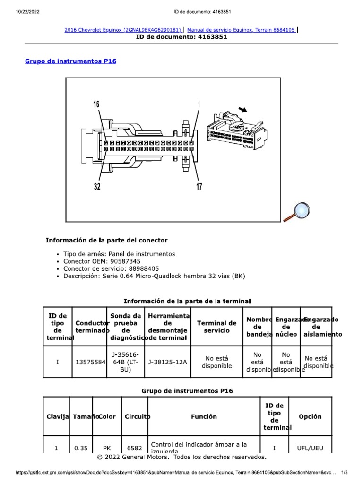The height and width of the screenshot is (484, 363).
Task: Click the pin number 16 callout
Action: point(96,104)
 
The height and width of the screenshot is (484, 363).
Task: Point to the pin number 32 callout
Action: point(97,187)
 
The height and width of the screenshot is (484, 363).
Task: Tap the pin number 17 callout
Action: point(199,187)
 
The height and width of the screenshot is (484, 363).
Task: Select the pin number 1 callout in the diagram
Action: point(199,104)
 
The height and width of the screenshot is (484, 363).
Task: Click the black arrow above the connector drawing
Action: point(243,110)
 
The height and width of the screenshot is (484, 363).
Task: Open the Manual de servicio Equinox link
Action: point(242,30)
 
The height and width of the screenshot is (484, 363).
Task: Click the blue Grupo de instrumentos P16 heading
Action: point(70,61)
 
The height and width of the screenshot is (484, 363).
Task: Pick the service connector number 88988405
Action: point(135,268)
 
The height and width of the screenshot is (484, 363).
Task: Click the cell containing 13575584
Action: point(90,362)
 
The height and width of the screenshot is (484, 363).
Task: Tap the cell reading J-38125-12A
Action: point(168,362)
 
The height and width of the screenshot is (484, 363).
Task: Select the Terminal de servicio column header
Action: point(216,327)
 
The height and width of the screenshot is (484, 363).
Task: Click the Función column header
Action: point(204,416)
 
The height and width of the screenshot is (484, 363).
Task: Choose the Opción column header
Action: point(310,416)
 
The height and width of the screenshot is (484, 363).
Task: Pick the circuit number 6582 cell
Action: point(135,448)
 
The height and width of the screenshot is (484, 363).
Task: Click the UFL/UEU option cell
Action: point(310,448)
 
